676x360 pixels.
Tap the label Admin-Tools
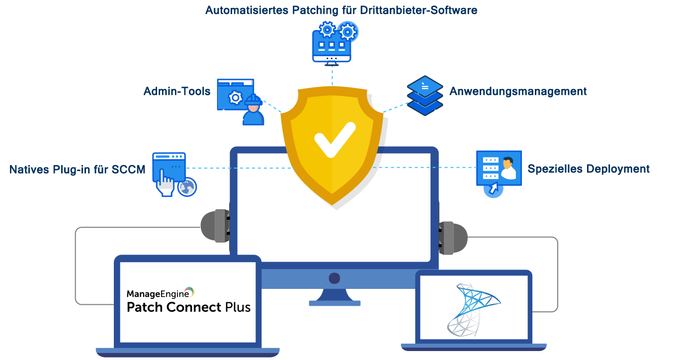pos(176,91)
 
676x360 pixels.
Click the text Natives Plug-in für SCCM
pos(77,170)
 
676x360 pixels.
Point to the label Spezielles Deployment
pos(589,169)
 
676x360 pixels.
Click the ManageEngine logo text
pos(160,293)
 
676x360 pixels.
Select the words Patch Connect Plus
pos(188,307)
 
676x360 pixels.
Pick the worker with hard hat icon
pos(253,110)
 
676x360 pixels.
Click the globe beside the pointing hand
pos(187,187)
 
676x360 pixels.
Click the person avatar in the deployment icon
pos(507,168)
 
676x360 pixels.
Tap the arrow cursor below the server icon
pos(493,189)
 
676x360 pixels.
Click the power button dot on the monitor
pos(334,278)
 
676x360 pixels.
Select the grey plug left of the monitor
pos(215,226)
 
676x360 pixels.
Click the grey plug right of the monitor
pos(453,238)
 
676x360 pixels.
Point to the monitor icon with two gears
pos(332,44)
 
